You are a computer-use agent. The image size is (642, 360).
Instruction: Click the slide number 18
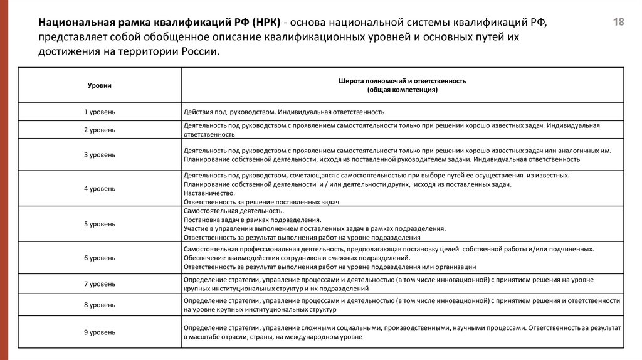click(618, 23)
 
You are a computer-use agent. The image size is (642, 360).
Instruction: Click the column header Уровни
click(100, 85)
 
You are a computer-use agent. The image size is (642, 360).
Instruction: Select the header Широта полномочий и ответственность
click(402, 81)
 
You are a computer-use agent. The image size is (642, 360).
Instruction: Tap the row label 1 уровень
click(100, 112)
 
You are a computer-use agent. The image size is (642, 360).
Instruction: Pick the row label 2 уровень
click(100, 130)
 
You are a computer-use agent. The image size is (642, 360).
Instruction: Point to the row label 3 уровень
click(100, 154)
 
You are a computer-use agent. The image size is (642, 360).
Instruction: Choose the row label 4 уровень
click(100, 188)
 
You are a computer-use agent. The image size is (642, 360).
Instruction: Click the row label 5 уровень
click(100, 224)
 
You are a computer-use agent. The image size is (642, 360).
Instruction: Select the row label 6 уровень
click(100, 258)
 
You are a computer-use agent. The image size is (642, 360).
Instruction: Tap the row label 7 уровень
click(100, 284)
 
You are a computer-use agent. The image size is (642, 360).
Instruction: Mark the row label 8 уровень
click(100, 305)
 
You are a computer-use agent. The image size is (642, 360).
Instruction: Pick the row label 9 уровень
click(100, 332)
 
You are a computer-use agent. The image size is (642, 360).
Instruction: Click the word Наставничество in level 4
click(206, 194)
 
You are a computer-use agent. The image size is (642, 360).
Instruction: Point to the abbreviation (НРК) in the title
click(269, 23)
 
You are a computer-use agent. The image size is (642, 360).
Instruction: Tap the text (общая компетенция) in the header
click(402, 90)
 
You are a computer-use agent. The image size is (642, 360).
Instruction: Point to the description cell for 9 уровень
click(401, 332)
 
